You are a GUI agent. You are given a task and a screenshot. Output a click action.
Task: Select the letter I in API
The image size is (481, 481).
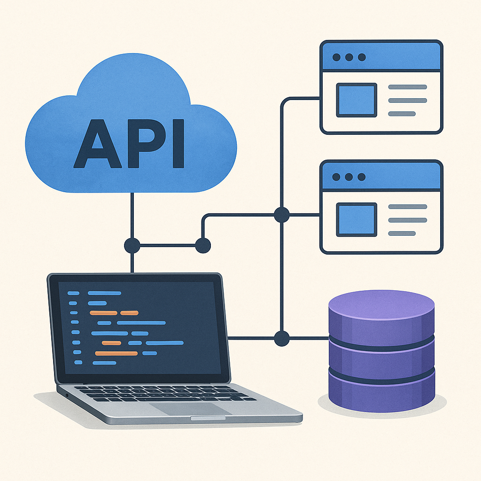click(178, 144)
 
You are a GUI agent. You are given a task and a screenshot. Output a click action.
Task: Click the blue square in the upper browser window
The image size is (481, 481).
click(357, 100)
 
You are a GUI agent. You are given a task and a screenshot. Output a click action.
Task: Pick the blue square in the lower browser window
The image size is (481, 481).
click(357, 219)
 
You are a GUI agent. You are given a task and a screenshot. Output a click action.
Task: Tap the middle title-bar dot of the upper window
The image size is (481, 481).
click(349, 57)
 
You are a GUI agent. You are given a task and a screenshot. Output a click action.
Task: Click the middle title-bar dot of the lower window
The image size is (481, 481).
click(349, 177)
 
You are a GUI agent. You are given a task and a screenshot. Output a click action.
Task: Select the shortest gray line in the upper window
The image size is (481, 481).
click(402, 114)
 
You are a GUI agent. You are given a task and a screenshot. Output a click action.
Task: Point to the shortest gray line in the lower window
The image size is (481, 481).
click(402, 233)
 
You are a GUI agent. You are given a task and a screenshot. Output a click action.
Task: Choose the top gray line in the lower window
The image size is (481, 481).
click(407, 207)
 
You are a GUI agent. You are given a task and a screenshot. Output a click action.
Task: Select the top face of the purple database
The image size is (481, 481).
click(381, 307)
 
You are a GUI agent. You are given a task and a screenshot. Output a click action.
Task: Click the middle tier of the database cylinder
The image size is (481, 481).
click(381, 359)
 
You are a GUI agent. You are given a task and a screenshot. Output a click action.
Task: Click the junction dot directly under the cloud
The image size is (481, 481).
click(132, 245)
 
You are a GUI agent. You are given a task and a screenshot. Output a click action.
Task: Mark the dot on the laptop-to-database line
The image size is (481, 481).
click(281, 338)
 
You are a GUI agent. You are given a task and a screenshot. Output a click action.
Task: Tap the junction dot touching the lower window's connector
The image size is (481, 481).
click(281, 215)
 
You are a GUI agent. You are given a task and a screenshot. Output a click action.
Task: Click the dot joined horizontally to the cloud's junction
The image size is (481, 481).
click(203, 245)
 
